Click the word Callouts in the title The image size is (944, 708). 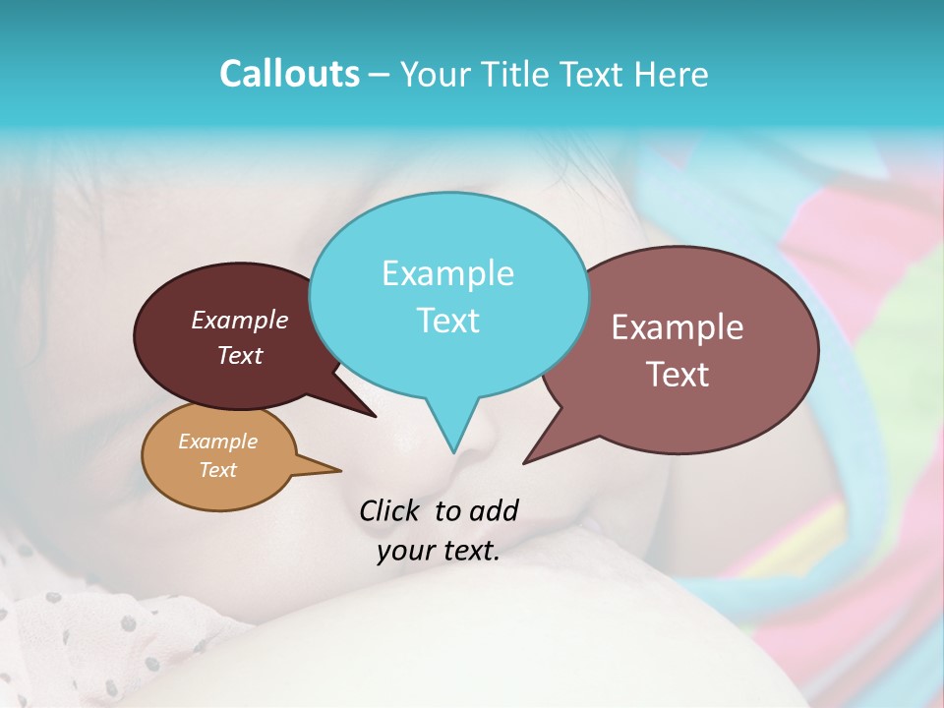tap(289, 74)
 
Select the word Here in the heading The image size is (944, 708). tap(673, 74)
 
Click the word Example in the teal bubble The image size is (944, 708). tap(447, 273)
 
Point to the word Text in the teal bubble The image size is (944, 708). tap(447, 321)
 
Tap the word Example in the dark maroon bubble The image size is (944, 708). tap(239, 321)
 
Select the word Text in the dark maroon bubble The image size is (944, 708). tap(239, 356)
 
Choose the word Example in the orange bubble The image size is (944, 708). tap(217, 442)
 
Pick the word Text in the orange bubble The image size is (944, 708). tap(217, 470)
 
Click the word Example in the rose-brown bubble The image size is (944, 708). tap(678, 327)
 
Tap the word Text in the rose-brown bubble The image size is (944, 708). tap(678, 375)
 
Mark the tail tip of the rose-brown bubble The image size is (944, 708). tap(525, 461)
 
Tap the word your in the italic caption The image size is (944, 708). tap(402, 551)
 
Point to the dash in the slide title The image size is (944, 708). tap(380, 74)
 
